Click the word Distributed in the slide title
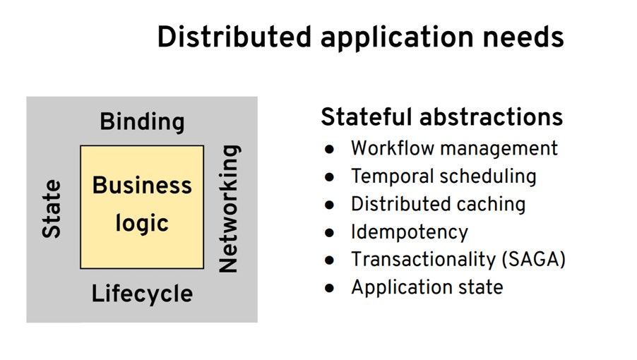[233, 37]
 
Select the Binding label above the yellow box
[142, 122]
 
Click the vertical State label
[52, 208]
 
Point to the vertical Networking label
[229, 208]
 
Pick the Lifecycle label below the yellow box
[142, 294]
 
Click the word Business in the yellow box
[142, 186]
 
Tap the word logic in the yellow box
[142, 224]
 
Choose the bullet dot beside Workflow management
[329, 150]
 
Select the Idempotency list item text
[410, 232]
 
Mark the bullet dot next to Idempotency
[329, 233]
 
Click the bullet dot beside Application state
[329, 288]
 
